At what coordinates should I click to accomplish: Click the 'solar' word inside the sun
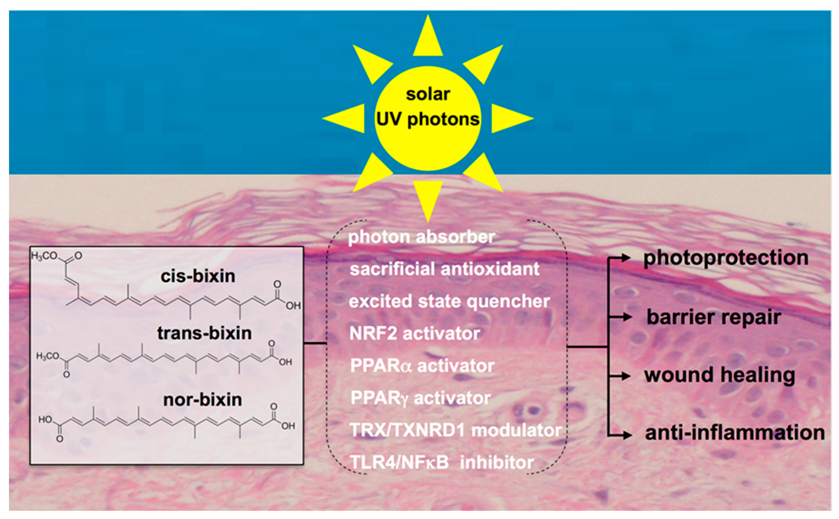428,94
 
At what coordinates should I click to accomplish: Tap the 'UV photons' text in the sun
428,119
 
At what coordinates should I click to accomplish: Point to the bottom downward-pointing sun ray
428,199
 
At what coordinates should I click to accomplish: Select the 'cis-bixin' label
198,276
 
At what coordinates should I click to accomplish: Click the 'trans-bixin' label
205,333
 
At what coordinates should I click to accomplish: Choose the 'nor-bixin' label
202,400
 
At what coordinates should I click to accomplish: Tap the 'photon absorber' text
421,237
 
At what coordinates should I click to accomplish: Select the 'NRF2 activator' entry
414,333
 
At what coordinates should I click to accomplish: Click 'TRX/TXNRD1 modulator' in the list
455,430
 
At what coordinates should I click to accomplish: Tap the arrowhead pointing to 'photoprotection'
626,258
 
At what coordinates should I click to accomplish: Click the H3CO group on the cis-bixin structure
45,256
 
